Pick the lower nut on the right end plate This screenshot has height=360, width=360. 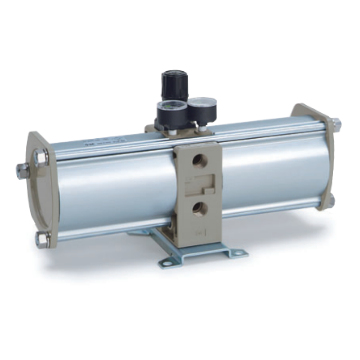(332, 200)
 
